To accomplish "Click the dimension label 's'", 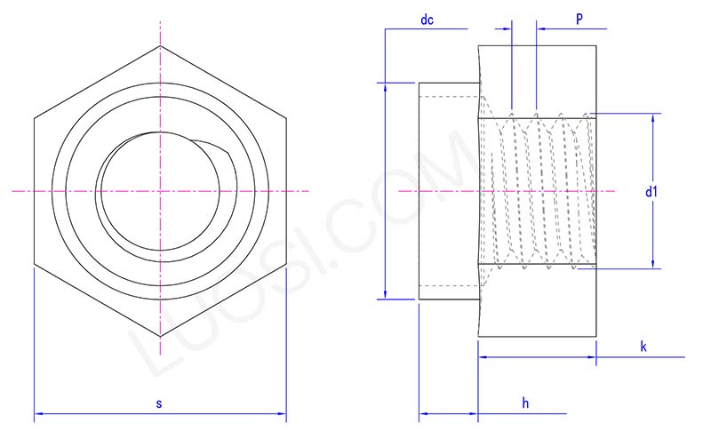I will (159, 403).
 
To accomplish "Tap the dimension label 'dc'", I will (427, 20).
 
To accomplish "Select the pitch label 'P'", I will (579, 19).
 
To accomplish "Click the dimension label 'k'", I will (643, 347).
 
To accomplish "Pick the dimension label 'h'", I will (525, 403).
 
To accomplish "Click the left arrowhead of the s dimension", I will (39, 413).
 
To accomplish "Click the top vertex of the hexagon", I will (161, 44).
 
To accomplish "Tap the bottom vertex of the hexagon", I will (161, 337).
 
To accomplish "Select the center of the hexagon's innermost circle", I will (160, 190).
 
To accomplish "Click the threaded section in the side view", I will (538, 191).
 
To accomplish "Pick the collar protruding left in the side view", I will (448, 191).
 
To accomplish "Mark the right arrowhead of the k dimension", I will (593, 357).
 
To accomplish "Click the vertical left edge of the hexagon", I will (35, 191).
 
